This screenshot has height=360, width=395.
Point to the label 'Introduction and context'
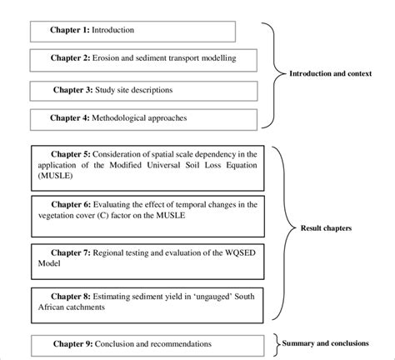[x=330, y=74]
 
